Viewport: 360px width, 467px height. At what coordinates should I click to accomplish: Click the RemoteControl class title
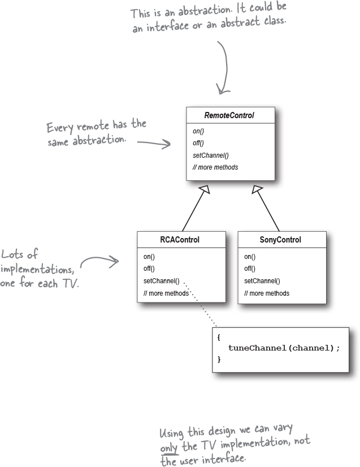coord(230,115)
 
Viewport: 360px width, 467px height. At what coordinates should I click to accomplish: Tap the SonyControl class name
coord(280,240)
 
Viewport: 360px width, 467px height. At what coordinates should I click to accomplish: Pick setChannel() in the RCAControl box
coord(161,281)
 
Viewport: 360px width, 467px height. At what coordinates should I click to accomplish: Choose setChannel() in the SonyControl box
coord(262,281)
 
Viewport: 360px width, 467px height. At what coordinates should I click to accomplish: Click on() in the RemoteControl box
coord(198,131)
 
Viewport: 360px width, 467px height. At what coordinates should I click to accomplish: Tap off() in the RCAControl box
coord(149,269)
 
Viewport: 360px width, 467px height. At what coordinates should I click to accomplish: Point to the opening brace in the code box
coord(219,337)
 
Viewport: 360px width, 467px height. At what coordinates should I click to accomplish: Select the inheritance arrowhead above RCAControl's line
coord(205,191)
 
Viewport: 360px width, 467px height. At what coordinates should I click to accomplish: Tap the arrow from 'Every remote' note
coord(153,144)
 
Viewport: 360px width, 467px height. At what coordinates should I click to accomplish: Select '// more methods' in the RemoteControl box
coord(215,167)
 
